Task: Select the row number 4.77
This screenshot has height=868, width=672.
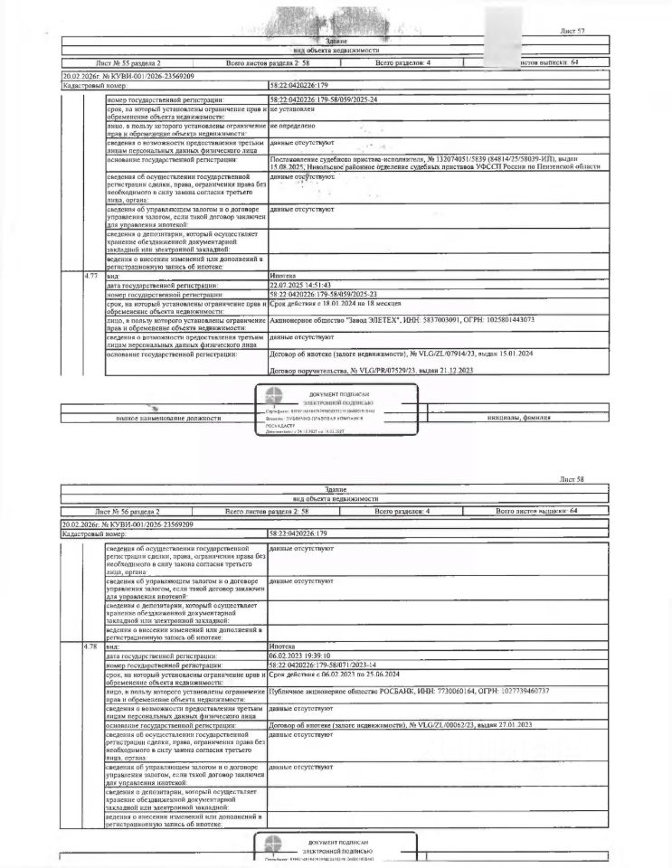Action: tap(90, 275)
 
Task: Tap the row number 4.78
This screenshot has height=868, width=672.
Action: tap(90, 647)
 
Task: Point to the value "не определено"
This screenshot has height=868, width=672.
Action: tap(293, 126)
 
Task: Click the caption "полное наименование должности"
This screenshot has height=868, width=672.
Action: tap(168, 418)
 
